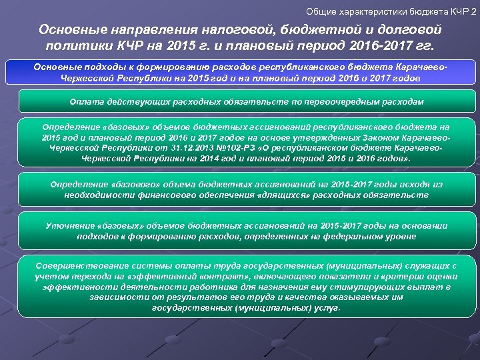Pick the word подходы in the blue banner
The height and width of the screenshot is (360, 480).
pyautogui.click(x=101, y=67)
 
